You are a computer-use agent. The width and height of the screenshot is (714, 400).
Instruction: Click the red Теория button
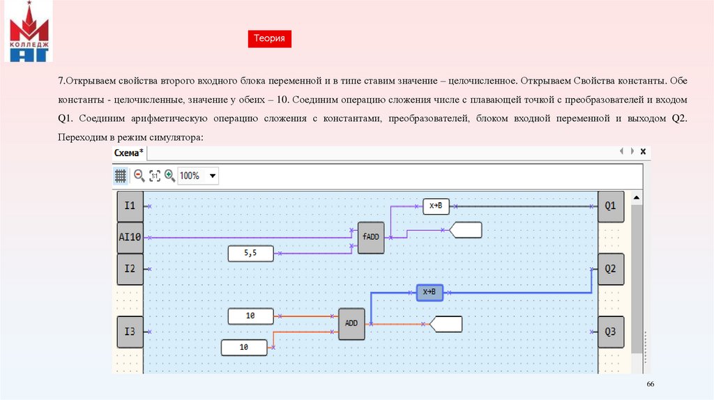[269, 39]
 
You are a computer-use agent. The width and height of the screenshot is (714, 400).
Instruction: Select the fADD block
[370, 237]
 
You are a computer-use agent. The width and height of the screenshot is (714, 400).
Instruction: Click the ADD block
[351, 323]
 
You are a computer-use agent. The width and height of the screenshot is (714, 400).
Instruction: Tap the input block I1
[130, 206]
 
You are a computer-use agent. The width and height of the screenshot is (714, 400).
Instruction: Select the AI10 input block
[130, 237]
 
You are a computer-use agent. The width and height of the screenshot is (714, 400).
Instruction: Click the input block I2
[130, 268]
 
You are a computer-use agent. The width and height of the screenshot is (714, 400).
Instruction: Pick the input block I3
[130, 331]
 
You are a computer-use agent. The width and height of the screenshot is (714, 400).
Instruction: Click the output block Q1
[610, 206]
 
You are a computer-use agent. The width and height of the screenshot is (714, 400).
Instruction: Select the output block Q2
[610, 268]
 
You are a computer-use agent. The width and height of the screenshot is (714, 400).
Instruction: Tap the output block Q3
[610, 331]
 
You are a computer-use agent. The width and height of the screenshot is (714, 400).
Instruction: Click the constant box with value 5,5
[250, 254]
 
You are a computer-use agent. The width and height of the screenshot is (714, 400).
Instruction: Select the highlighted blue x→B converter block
[430, 292]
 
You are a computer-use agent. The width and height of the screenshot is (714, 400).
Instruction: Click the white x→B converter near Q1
[436, 206]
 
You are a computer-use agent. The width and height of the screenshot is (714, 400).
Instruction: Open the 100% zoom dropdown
[213, 176]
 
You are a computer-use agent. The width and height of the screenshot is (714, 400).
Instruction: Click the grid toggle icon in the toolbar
[120, 176]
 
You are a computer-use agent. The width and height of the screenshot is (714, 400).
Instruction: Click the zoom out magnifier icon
[139, 176]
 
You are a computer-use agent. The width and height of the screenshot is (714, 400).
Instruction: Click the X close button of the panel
[643, 151]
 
